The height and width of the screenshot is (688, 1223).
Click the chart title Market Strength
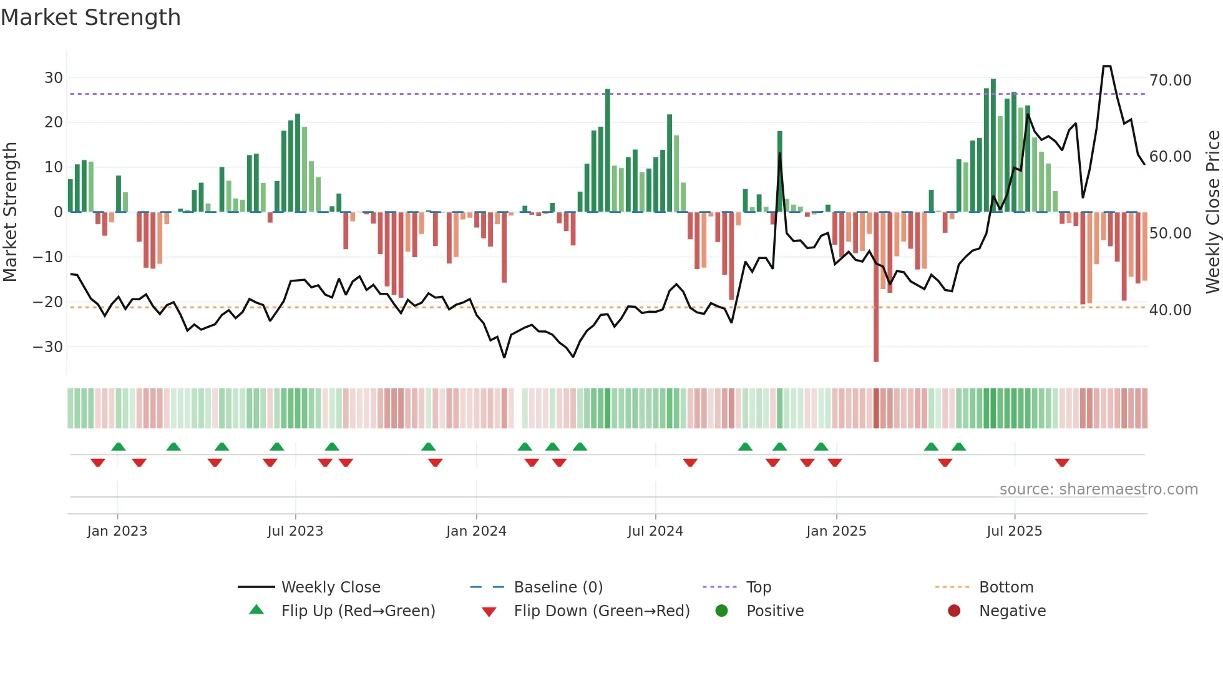[90, 17]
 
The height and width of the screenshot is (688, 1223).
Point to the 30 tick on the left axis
[53, 78]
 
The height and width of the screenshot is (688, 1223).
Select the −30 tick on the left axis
[48, 347]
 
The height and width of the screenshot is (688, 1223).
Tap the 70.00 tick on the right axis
[1170, 81]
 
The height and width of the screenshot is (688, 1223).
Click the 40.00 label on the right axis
[1170, 310]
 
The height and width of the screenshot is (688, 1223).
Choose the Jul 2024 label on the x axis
[655, 531]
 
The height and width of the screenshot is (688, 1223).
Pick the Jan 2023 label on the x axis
[117, 531]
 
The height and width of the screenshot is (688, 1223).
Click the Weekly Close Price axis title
[1212, 212]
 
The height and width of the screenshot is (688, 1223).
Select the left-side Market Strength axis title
[10, 212]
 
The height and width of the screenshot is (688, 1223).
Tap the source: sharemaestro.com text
[1098, 489]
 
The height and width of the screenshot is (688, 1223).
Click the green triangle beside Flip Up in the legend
[256, 610]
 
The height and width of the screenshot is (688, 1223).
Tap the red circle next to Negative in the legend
[954, 611]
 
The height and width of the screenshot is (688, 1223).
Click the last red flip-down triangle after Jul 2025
[1062, 463]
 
